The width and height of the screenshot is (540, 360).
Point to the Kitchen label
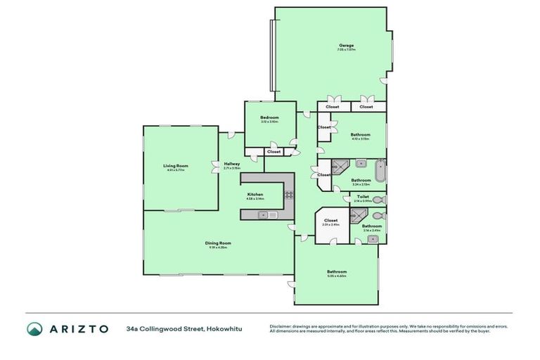[x=255, y=194]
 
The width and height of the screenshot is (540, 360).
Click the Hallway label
[x=232, y=164]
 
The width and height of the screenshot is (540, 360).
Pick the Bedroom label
[x=269, y=117]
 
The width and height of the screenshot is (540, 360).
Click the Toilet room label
[x=363, y=197]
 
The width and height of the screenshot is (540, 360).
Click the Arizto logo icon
[x=35, y=329]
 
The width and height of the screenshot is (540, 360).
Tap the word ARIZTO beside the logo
[x=78, y=329]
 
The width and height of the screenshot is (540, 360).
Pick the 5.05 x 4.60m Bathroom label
[x=337, y=271]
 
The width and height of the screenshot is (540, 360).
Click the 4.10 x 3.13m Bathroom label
[x=361, y=134]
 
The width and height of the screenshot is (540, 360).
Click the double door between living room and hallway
[x=215, y=167]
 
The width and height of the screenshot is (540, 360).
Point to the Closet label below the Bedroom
[x=274, y=151]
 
